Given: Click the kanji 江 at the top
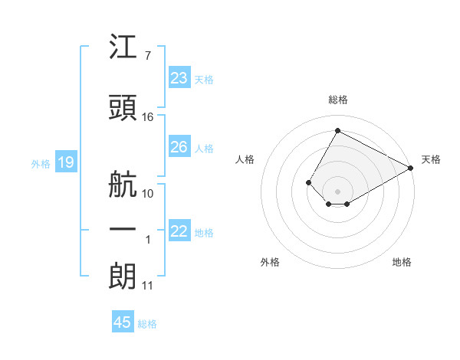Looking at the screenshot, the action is point(123,46).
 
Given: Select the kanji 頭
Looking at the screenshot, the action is point(123,107).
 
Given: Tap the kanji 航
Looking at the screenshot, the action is point(123,184).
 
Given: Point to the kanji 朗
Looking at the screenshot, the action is point(123,277).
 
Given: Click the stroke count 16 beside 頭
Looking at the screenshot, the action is point(147,117).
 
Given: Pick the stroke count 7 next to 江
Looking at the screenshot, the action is point(148,55).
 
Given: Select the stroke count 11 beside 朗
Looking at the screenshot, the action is point(147,286).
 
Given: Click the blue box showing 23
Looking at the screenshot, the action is point(180,77).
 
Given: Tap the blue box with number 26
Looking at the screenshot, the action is point(180,146).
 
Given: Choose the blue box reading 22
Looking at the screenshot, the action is point(180,230).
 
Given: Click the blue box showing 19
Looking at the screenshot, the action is point(66,162).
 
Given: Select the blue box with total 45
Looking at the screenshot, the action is point(123,321).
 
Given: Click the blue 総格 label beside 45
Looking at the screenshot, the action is point(147,324).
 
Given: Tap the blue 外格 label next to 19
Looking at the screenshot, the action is point(41,164).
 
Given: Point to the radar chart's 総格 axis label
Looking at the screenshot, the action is point(338,100).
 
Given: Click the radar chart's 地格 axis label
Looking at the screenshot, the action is point(402,262).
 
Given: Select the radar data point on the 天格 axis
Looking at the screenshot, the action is point(411,168).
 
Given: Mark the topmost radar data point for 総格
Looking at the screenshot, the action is point(337,130).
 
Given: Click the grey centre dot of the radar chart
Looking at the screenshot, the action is point(337,191).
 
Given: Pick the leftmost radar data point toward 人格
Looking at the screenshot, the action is point(308,182).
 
